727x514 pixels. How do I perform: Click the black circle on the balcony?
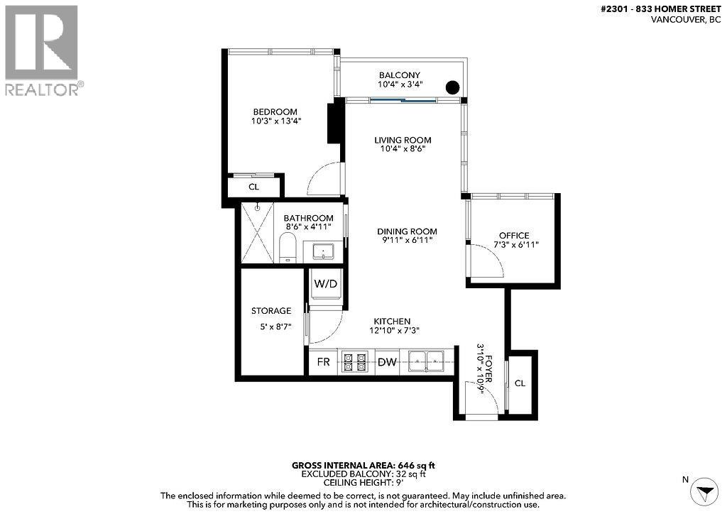[x=452, y=88]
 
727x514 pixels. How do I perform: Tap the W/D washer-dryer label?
[x=326, y=283]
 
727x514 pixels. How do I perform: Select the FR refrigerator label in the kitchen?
[x=323, y=362]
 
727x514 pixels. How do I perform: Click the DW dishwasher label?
[x=386, y=362]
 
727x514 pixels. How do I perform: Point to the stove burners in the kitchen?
[x=354, y=362]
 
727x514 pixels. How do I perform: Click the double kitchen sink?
[x=426, y=362]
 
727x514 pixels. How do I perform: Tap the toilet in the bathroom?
[x=288, y=249]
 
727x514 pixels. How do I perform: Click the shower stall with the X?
[x=258, y=234]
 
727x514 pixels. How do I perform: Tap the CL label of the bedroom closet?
[x=253, y=187]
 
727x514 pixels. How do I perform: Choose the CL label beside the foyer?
[x=520, y=383]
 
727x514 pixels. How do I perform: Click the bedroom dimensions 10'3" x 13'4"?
[x=275, y=121]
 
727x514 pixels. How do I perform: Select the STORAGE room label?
[x=271, y=311]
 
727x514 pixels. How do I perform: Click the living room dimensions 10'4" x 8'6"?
[x=403, y=149]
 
